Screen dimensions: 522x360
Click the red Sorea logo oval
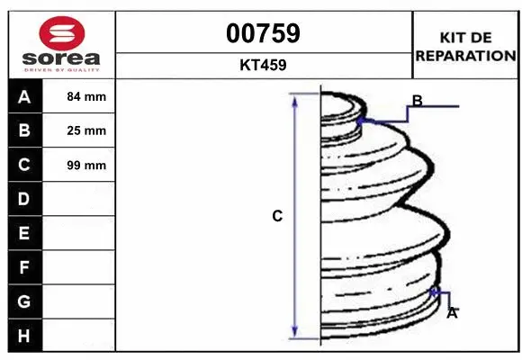[62, 33]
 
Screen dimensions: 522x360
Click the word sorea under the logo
[61, 58]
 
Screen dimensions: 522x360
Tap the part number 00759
[263, 33]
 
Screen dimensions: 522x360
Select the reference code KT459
[263, 65]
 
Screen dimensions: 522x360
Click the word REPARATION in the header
[465, 56]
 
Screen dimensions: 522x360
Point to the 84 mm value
[86, 96]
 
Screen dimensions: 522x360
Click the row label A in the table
[24, 97]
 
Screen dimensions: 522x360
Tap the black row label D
[24, 199]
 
